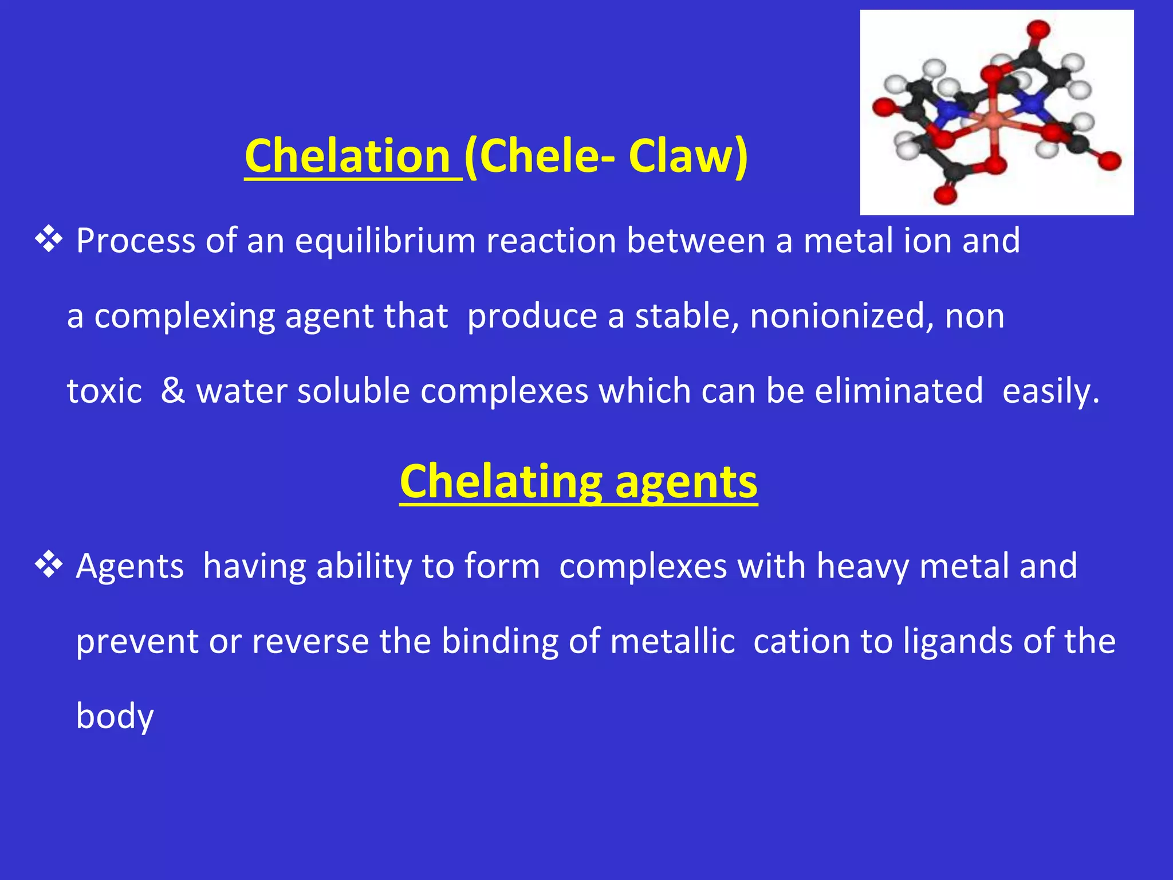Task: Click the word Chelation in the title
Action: pos(347,156)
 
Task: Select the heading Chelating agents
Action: pos(578,482)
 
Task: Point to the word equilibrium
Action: pos(385,241)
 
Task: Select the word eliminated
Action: pos(898,391)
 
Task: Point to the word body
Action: pos(115,717)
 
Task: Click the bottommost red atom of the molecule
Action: pos(945,195)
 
